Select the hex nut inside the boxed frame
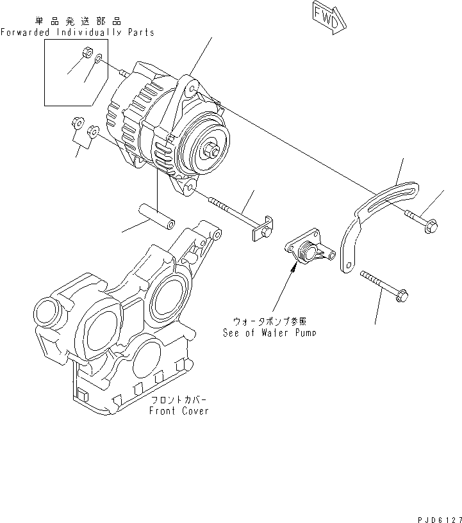[89, 52]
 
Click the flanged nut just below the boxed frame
[77, 121]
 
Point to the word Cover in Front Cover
[194, 411]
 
